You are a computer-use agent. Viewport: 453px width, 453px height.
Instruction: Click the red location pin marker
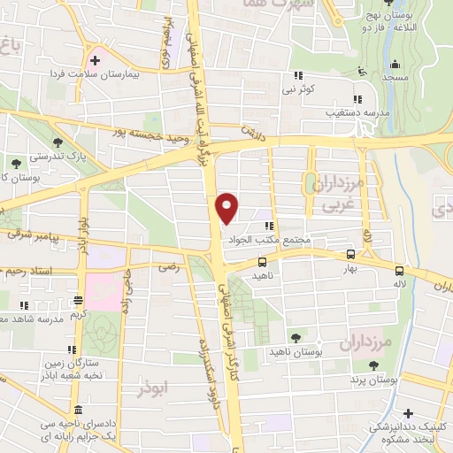227,207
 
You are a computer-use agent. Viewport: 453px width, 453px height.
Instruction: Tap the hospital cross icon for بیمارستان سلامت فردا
93,59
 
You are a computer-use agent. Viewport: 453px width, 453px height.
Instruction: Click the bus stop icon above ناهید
262,261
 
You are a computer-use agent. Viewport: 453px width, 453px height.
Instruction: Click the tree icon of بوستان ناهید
296,338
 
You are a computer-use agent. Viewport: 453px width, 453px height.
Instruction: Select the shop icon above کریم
78,301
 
